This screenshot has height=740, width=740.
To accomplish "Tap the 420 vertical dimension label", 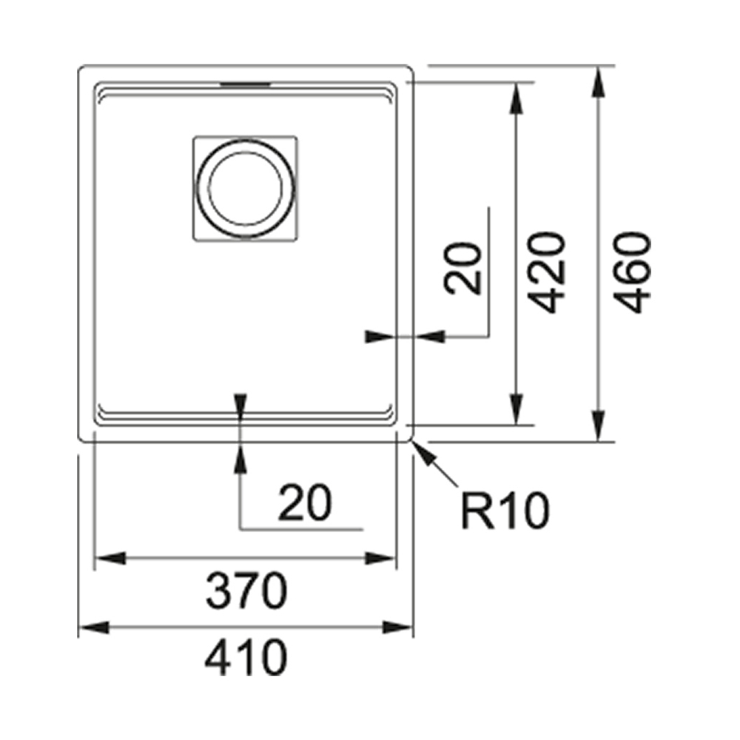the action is [x=549, y=272].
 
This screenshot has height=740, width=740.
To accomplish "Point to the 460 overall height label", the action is [x=634, y=272].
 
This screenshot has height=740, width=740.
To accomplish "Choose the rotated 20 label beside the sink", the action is [x=465, y=269].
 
